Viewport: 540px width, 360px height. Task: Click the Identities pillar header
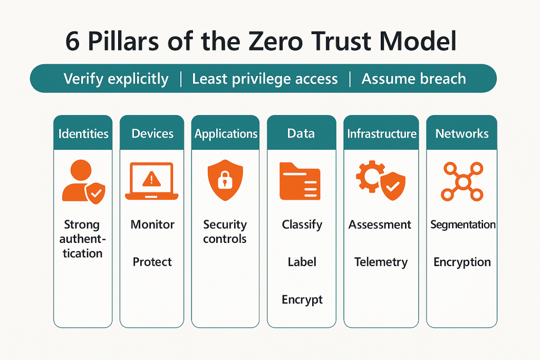click(x=83, y=133)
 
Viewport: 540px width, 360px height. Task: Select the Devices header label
click(x=152, y=133)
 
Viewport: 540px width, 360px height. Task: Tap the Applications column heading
click(x=226, y=134)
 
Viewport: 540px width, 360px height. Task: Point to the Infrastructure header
click(x=382, y=133)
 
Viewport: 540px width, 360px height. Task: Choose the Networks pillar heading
click(x=462, y=133)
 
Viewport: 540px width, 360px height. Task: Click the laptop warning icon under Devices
click(x=151, y=181)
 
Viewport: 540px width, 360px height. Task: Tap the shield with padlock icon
click(x=225, y=180)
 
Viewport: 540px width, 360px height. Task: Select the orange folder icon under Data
click(x=300, y=181)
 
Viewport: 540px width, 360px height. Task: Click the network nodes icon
click(x=462, y=182)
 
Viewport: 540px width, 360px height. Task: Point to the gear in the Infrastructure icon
click(x=369, y=176)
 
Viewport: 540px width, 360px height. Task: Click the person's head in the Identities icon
click(x=81, y=170)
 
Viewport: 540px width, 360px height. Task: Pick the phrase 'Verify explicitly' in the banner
click(x=116, y=79)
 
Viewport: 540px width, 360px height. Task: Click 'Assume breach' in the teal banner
click(x=413, y=79)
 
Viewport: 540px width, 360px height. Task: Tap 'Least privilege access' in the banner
click(x=265, y=79)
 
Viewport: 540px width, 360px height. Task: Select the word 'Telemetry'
click(x=381, y=262)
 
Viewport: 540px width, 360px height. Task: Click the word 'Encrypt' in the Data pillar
click(x=302, y=300)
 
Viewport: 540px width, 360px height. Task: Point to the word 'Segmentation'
click(x=463, y=225)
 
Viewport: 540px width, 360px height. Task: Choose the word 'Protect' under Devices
click(x=152, y=262)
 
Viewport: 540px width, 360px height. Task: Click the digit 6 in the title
click(x=72, y=42)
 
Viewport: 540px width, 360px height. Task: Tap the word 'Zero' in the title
click(x=275, y=42)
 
